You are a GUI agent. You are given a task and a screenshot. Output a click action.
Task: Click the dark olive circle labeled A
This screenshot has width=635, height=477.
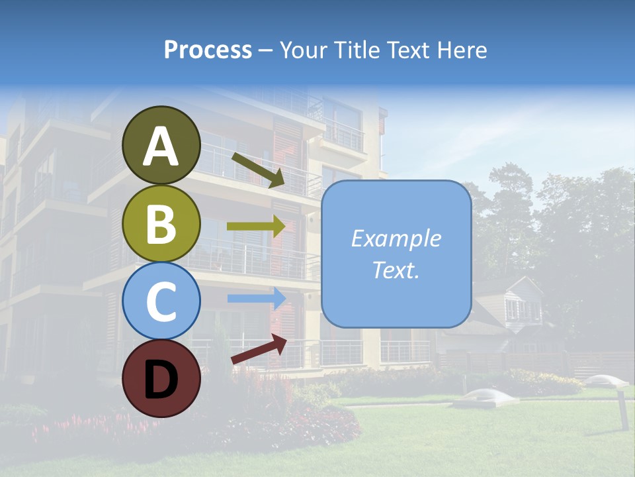pyautogui.click(x=161, y=145)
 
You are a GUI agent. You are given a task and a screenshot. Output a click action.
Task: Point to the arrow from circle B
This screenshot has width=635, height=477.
pyautogui.click(x=257, y=226)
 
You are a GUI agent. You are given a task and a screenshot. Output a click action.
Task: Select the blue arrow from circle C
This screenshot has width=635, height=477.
pyautogui.click(x=257, y=298)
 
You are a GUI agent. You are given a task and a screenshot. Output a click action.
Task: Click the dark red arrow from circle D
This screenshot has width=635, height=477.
pyautogui.click(x=259, y=349)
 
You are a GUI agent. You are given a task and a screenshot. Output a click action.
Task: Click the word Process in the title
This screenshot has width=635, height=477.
pyautogui.click(x=208, y=50)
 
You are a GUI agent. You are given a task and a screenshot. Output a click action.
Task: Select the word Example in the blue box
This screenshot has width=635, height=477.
pyautogui.click(x=396, y=238)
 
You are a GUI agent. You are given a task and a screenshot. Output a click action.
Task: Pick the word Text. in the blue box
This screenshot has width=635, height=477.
pyautogui.click(x=396, y=270)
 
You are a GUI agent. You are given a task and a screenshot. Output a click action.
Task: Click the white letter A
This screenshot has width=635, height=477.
pyautogui.click(x=161, y=147)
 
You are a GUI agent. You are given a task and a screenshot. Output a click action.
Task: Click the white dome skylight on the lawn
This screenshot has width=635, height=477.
pyautogui.click(x=490, y=396)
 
